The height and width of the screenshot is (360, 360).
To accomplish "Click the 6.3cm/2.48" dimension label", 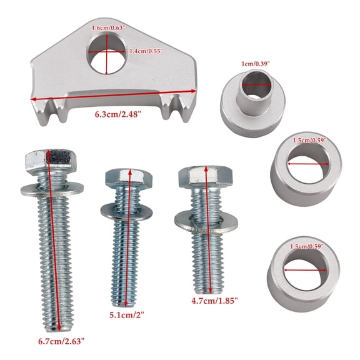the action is [x=117, y=114].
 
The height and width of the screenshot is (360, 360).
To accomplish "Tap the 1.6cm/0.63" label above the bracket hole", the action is [x=108, y=28].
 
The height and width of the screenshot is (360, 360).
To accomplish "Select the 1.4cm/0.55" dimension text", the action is [x=146, y=51].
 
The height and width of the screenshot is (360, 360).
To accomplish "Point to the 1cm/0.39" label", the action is [x=255, y=64].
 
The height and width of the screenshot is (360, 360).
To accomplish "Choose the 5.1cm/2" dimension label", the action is [x=126, y=315].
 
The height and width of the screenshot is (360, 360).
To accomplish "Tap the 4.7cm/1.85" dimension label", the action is [x=214, y=301].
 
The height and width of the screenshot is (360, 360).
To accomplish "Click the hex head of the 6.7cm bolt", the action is [x=51, y=161].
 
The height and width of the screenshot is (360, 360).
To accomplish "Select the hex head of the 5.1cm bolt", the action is [x=129, y=177].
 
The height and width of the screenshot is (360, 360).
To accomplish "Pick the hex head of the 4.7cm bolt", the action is [x=206, y=177].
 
